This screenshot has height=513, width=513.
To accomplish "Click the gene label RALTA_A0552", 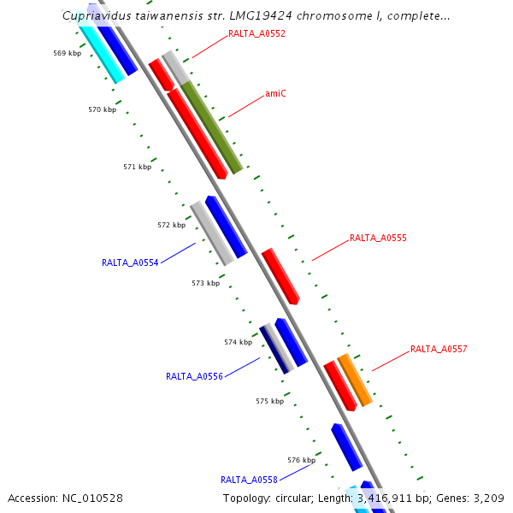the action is [x=256, y=34].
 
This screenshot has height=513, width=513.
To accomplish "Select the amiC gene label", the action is [x=275, y=93].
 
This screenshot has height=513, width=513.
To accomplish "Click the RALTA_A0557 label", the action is [x=439, y=349].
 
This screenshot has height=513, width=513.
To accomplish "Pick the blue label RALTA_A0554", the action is [x=130, y=263].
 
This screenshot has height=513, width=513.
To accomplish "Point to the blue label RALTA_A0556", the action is [x=194, y=376].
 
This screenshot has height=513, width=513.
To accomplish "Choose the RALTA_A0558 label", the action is [x=249, y=480].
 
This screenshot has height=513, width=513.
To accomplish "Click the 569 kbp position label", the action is [x=67, y=53].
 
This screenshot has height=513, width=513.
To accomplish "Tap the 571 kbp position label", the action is [x=137, y=167].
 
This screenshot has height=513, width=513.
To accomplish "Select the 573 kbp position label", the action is [x=205, y=283].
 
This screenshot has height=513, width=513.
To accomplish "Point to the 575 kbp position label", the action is [x=269, y=400].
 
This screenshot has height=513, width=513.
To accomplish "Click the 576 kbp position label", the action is [x=301, y=460].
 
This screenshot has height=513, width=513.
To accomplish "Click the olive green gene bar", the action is [x=212, y=127].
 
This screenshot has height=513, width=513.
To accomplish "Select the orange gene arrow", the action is [x=355, y=380].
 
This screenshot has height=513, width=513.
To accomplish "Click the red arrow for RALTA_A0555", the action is [x=280, y=276].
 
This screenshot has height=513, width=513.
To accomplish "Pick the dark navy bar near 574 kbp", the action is [x=274, y=349].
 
